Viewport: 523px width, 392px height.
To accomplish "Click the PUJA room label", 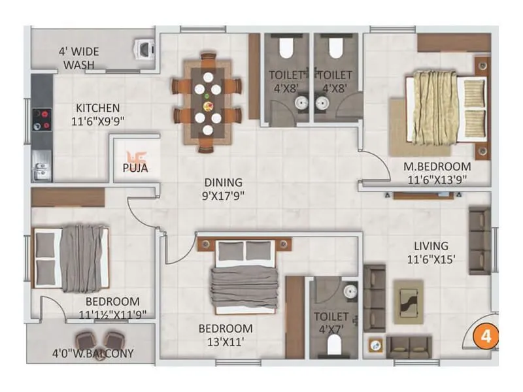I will [135, 168].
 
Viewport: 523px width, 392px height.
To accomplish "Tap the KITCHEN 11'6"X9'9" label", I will [97, 114].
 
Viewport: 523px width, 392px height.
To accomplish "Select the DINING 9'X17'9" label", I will [222, 189].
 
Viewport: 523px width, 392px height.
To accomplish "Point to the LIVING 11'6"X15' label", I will [431, 252].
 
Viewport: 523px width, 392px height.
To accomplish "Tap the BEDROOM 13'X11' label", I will [226, 334].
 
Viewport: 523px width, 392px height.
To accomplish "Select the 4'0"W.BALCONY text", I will [92, 353].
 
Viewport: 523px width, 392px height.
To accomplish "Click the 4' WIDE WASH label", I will [78, 57].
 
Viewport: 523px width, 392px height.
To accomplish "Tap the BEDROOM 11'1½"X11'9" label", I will [112, 308].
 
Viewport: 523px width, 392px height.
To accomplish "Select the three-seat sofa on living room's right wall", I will [479, 232].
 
